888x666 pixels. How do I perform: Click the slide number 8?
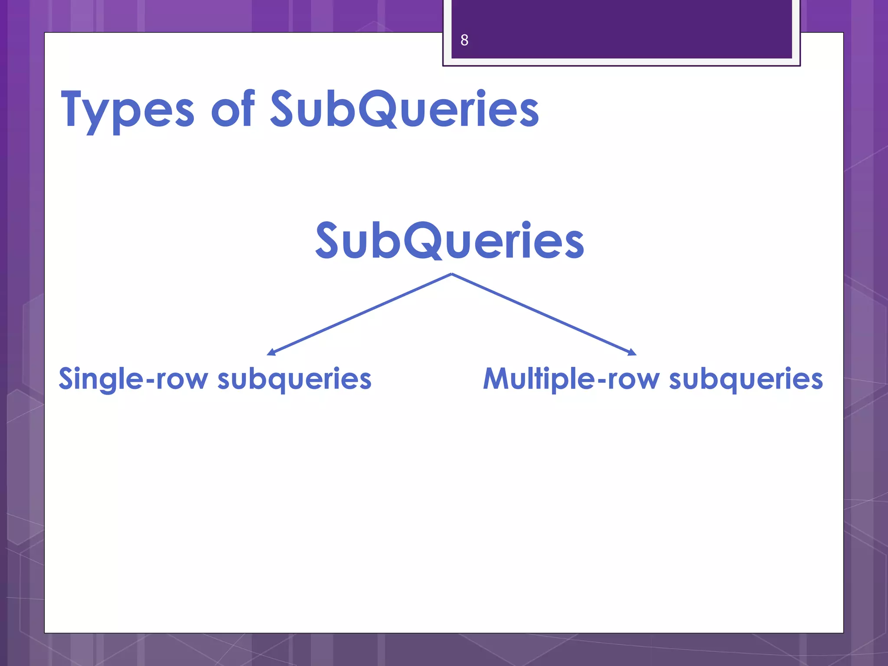click(x=464, y=40)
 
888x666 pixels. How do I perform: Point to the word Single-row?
click(x=133, y=379)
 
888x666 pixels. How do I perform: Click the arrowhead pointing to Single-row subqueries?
click(x=271, y=353)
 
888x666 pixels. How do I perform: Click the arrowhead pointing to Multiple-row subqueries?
click(x=632, y=353)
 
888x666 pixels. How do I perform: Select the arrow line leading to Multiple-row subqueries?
click(x=542, y=313)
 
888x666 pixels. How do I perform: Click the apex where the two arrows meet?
click(x=452, y=274)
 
